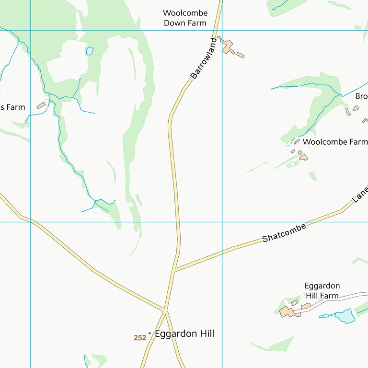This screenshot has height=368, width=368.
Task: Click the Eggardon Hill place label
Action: point(184,333)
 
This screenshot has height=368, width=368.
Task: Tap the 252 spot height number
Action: point(139,338)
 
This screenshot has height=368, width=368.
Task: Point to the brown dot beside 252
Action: point(149,333)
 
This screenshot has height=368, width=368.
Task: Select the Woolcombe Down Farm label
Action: point(185,18)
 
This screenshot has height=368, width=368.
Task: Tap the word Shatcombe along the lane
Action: point(284,233)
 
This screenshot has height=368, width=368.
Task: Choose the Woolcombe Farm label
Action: point(335,142)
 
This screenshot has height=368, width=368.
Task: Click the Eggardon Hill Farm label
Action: point(322,291)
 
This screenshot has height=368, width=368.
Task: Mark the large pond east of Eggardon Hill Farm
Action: point(345,316)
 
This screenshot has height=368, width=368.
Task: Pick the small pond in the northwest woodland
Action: point(89,50)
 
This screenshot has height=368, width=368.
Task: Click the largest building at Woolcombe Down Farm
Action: point(228,46)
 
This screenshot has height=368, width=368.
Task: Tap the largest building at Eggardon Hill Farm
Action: point(287,312)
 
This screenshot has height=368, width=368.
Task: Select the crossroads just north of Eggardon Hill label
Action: point(165,311)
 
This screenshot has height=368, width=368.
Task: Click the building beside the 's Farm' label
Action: point(41,105)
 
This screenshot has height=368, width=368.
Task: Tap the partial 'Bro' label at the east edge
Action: point(361,96)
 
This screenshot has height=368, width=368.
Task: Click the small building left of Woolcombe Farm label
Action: point(297,142)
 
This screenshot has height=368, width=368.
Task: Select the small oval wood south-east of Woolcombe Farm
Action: point(312,176)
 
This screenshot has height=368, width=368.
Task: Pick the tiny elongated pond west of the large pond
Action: point(324,316)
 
